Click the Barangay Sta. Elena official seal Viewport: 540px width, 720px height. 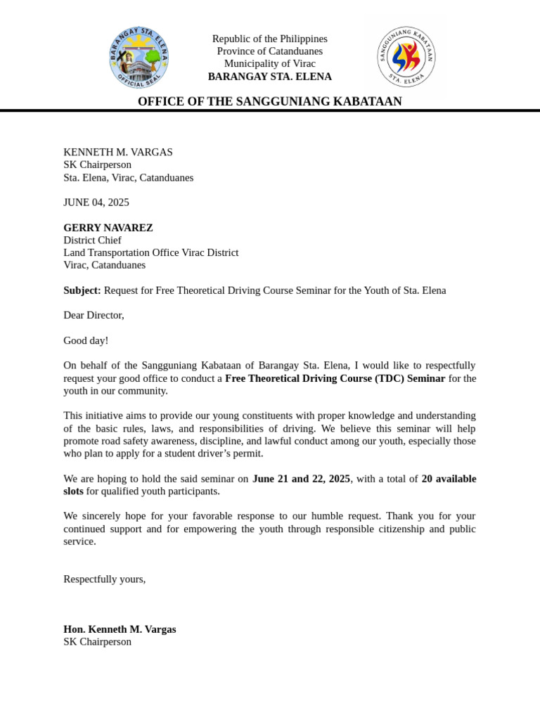click(x=139, y=58)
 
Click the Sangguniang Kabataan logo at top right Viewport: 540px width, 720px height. click(x=406, y=57)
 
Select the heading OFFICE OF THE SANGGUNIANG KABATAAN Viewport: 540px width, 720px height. click(x=269, y=101)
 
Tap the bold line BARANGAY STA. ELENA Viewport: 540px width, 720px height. click(x=269, y=77)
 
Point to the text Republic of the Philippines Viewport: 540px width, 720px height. click(x=269, y=39)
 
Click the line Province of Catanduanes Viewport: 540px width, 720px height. click(x=269, y=51)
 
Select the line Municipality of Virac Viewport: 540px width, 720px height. click(x=269, y=64)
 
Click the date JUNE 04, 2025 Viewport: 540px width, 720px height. click(x=96, y=202)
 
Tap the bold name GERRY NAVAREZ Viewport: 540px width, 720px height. click(x=108, y=228)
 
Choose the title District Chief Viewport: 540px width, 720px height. click(x=92, y=240)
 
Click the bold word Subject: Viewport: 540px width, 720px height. click(x=82, y=290)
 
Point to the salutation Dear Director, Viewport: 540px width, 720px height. click(x=94, y=315)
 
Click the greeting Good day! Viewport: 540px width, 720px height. click(x=86, y=340)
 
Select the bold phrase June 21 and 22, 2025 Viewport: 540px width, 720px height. click(x=301, y=479)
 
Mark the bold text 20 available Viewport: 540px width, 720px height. click(x=449, y=479)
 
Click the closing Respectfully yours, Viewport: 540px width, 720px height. click(x=105, y=579)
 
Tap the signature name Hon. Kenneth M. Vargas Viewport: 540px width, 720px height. click(x=120, y=629)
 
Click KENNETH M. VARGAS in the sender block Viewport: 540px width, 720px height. click(x=118, y=152)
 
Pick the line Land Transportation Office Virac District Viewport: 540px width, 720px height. click(x=151, y=252)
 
